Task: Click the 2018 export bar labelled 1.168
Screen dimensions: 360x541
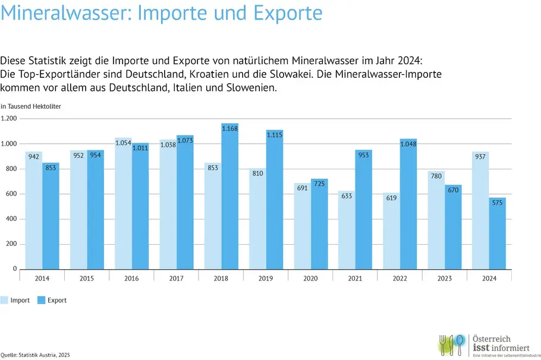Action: (x=230, y=196)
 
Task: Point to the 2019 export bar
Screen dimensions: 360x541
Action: (x=275, y=199)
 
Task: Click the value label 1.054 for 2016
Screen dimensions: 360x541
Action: (x=123, y=142)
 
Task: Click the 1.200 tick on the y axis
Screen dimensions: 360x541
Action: (x=9, y=118)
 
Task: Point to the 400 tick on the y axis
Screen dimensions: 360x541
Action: (x=10, y=219)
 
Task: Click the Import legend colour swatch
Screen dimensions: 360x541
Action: (x=4, y=300)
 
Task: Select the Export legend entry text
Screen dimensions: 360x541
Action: (x=57, y=301)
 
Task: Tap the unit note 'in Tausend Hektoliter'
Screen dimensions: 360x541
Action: (x=30, y=106)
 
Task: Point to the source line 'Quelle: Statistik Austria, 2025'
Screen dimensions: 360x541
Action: (x=35, y=355)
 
